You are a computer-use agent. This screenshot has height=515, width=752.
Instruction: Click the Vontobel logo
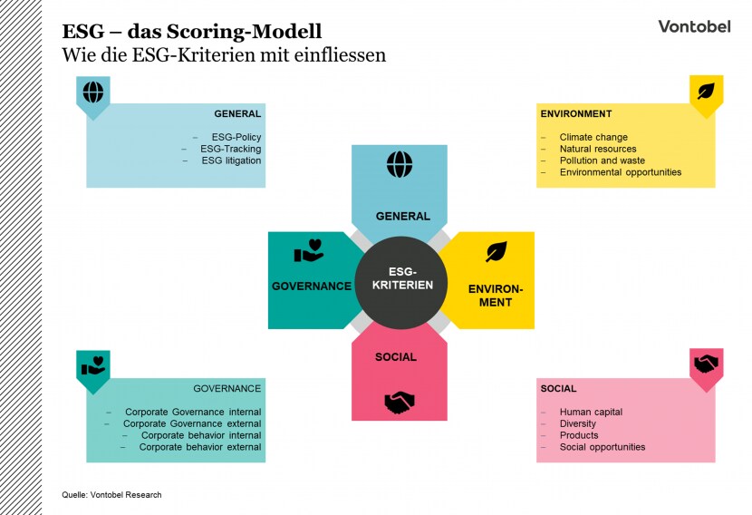pos(694,26)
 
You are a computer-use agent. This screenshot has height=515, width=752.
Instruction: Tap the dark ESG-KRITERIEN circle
pos(401,282)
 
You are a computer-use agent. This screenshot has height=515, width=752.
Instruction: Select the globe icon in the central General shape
pos(400,164)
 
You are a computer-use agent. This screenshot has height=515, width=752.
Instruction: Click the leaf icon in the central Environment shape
pos(496,251)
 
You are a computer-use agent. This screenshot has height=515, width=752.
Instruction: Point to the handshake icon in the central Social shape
pos(400,403)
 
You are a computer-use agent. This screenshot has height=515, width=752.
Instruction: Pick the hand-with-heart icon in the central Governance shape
pos(309,250)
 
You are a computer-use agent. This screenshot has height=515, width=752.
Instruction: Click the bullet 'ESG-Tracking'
pos(231,149)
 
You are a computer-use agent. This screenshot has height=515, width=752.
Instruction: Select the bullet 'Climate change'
pos(593,137)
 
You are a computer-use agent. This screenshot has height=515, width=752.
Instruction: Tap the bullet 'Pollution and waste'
pos(603,160)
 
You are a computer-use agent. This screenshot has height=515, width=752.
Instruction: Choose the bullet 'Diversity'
pos(578,423)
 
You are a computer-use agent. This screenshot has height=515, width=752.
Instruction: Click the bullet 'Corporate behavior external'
pos(200,447)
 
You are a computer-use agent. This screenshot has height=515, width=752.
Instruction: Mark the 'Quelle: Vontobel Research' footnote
pos(111,495)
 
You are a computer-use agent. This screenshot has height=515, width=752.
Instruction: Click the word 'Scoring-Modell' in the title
pos(244,32)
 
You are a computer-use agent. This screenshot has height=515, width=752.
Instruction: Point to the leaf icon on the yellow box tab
pos(706,92)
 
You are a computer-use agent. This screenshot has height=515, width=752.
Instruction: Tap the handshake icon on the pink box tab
pos(707,364)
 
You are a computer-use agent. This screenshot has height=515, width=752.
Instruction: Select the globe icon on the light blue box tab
pos(93,92)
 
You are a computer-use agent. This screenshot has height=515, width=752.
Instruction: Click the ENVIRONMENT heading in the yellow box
pos(576,113)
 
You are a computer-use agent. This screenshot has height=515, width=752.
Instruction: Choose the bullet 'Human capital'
pos(591,412)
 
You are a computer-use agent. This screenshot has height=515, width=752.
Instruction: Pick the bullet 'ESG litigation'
pos(231,160)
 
